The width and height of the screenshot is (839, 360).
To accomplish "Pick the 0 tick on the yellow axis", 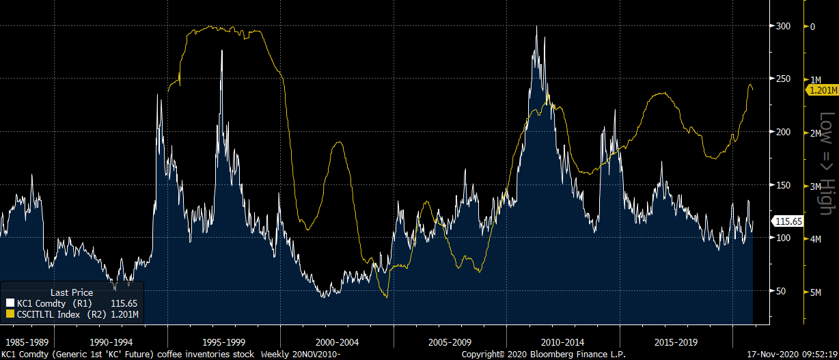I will pyautogui.click(x=812, y=27).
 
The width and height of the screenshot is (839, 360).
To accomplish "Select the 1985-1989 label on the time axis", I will pyautogui.click(x=26, y=340).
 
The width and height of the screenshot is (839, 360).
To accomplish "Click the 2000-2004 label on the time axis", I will pyautogui.click(x=337, y=340).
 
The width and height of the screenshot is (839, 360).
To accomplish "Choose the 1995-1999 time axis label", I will pyautogui.click(x=224, y=340).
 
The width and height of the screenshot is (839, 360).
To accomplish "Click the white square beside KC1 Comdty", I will pyautogui.click(x=10, y=303).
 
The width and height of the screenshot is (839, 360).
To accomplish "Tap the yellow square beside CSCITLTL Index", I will pyautogui.click(x=10, y=314).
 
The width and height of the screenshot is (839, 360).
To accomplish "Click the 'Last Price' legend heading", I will pyautogui.click(x=72, y=292).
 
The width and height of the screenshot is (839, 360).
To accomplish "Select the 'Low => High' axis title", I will pyautogui.click(x=827, y=163).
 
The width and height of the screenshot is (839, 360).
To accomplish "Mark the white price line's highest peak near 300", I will pyautogui.click(x=536, y=27).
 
